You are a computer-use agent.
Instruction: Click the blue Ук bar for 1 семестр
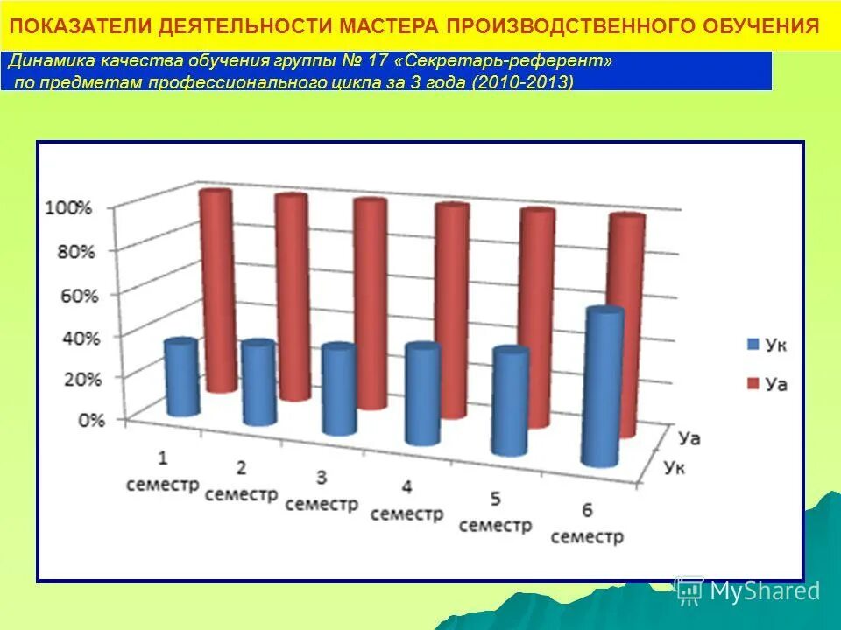182,378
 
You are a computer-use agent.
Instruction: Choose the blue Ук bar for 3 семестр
338,390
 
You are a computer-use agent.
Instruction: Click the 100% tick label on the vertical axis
67,208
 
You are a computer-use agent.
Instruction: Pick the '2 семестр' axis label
241,482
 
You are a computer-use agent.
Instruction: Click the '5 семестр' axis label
495,513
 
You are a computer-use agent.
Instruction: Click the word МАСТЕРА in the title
378,24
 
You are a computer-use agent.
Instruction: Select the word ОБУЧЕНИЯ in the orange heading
760,24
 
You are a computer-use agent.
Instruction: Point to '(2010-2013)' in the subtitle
523,81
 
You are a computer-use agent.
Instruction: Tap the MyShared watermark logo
748,591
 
